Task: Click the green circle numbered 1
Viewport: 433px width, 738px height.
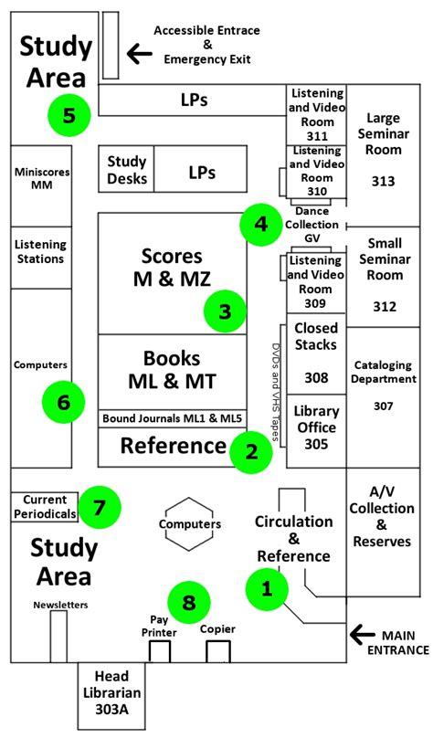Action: click(268, 589)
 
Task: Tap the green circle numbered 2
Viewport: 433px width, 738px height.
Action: click(251, 450)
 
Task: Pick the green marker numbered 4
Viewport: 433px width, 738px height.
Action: click(261, 224)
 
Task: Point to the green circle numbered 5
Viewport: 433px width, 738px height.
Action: click(69, 114)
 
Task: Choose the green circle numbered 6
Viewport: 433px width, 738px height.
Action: click(63, 400)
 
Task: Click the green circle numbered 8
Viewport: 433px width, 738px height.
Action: click(189, 602)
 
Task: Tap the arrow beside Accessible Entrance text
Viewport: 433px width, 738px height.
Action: click(139, 56)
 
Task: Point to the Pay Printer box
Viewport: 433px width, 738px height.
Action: click(160, 650)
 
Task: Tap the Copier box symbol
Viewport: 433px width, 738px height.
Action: click(217, 650)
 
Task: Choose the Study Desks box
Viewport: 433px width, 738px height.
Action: click(127, 169)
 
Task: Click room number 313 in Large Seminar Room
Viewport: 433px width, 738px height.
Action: click(384, 181)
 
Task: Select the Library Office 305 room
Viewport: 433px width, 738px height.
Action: click(316, 426)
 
